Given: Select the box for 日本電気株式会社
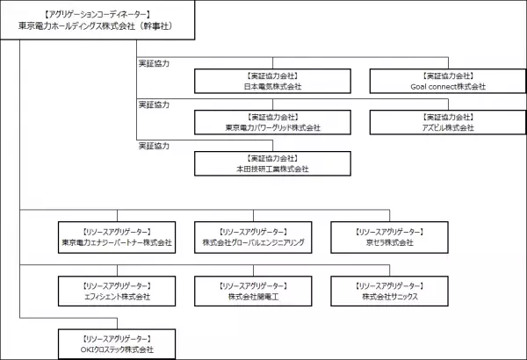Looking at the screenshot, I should click(x=272, y=82).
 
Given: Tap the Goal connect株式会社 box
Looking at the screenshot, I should click(x=447, y=82).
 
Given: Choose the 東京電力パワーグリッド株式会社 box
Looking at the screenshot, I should click(x=272, y=122).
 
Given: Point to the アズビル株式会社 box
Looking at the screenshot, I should click(x=447, y=122).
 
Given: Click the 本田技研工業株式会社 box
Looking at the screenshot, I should click(x=272, y=162).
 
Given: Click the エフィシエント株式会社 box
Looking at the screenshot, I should click(x=117, y=292).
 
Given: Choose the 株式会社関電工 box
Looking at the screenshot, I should click(x=253, y=292).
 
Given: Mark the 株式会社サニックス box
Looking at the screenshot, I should click(x=388, y=292).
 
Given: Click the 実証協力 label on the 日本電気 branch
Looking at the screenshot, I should click(x=155, y=64).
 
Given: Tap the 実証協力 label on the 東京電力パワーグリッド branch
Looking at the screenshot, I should click(x=155, y=104).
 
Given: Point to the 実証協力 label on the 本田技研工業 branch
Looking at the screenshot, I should click(x=155, y=145).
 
